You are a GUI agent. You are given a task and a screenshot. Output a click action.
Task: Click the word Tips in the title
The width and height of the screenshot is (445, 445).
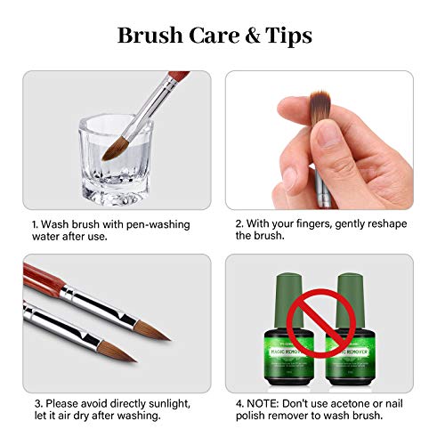(285, 36)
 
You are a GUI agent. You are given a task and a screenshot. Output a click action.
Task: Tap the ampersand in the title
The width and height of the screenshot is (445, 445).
(240, 36)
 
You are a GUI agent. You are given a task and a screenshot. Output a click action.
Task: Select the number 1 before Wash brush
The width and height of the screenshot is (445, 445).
(33, 224)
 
